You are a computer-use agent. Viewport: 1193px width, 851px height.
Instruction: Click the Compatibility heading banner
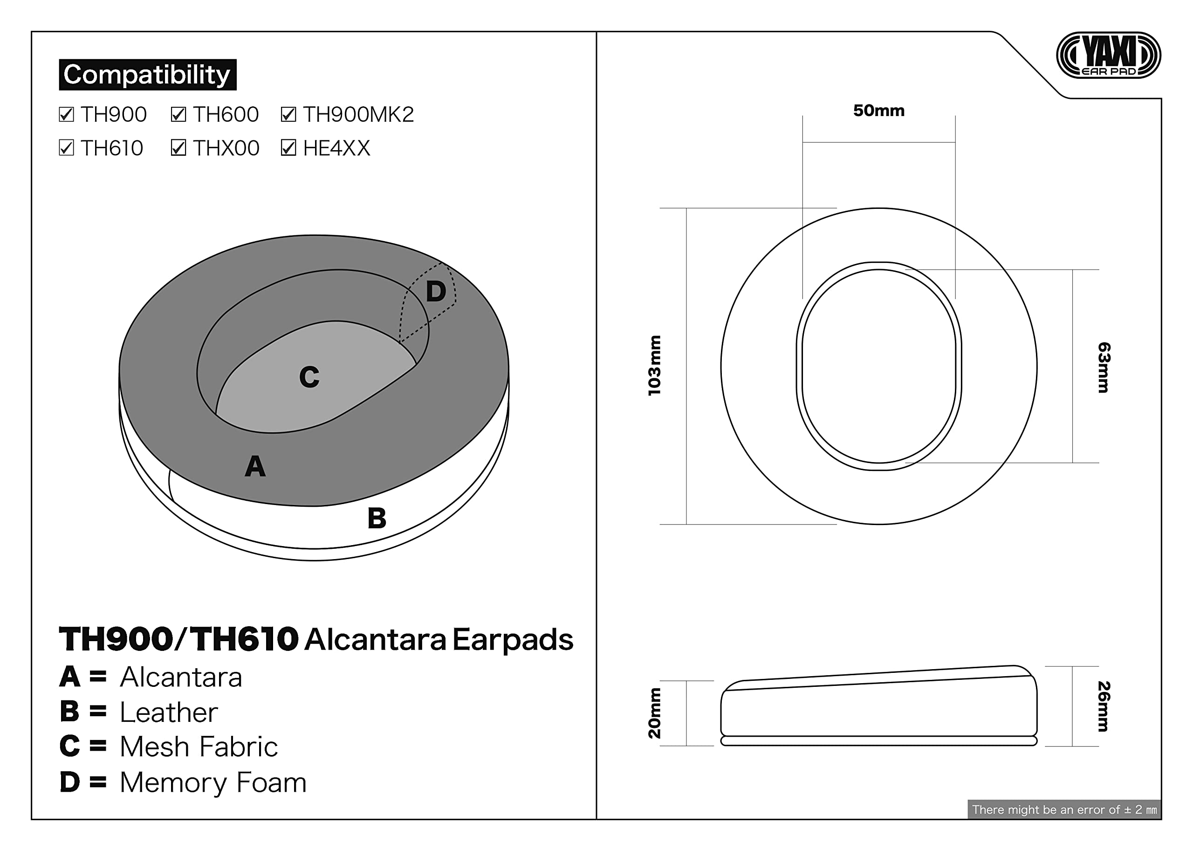pyautogui.click(x=147, y=75)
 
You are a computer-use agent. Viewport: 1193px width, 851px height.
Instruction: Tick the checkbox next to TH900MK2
pyautogui.click(x=288, y=114)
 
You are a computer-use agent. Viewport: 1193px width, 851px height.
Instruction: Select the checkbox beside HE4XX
pyautogui.click(x=288, y=148)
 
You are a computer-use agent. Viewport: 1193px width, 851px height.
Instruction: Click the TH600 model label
pyautogui.click(x=226, y=114)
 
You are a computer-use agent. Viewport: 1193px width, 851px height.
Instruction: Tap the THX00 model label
pyautogui.click(x=226, y=148)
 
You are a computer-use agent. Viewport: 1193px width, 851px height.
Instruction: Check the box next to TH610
pyautogui.click(x=67, y=148)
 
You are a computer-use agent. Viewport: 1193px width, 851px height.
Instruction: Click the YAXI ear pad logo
pyautogui.click(x=1108, y=55)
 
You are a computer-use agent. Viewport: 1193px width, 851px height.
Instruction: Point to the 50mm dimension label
pyautogui.click(x=878, y=111)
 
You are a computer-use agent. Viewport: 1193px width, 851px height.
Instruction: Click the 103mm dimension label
pyautogui.click(x=655, y=365)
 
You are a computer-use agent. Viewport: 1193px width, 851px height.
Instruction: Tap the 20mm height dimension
pyautogui.click(x=655, y=713)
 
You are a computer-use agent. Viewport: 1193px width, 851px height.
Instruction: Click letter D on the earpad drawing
pyautogui.click(x=436, y=291)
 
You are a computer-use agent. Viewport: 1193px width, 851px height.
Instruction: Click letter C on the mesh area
pyautogui.click(x=309, y=377)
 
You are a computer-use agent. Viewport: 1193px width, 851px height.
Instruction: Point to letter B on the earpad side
pyautogui.click(x=377, y=518)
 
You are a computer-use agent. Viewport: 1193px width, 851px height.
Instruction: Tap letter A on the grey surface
pyautogui.click(x=255, y=466)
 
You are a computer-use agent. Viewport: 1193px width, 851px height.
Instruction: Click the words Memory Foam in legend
pyautogui.click(x=213, y=782)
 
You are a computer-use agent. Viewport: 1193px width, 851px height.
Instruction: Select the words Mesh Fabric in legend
pyautogui.click(x=199, y=747)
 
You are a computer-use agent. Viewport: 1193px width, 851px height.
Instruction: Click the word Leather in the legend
pyautogui.click(x=169, y=712)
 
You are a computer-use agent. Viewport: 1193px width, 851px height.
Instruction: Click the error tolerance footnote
pyautogui.click(x=1064, y=809)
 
